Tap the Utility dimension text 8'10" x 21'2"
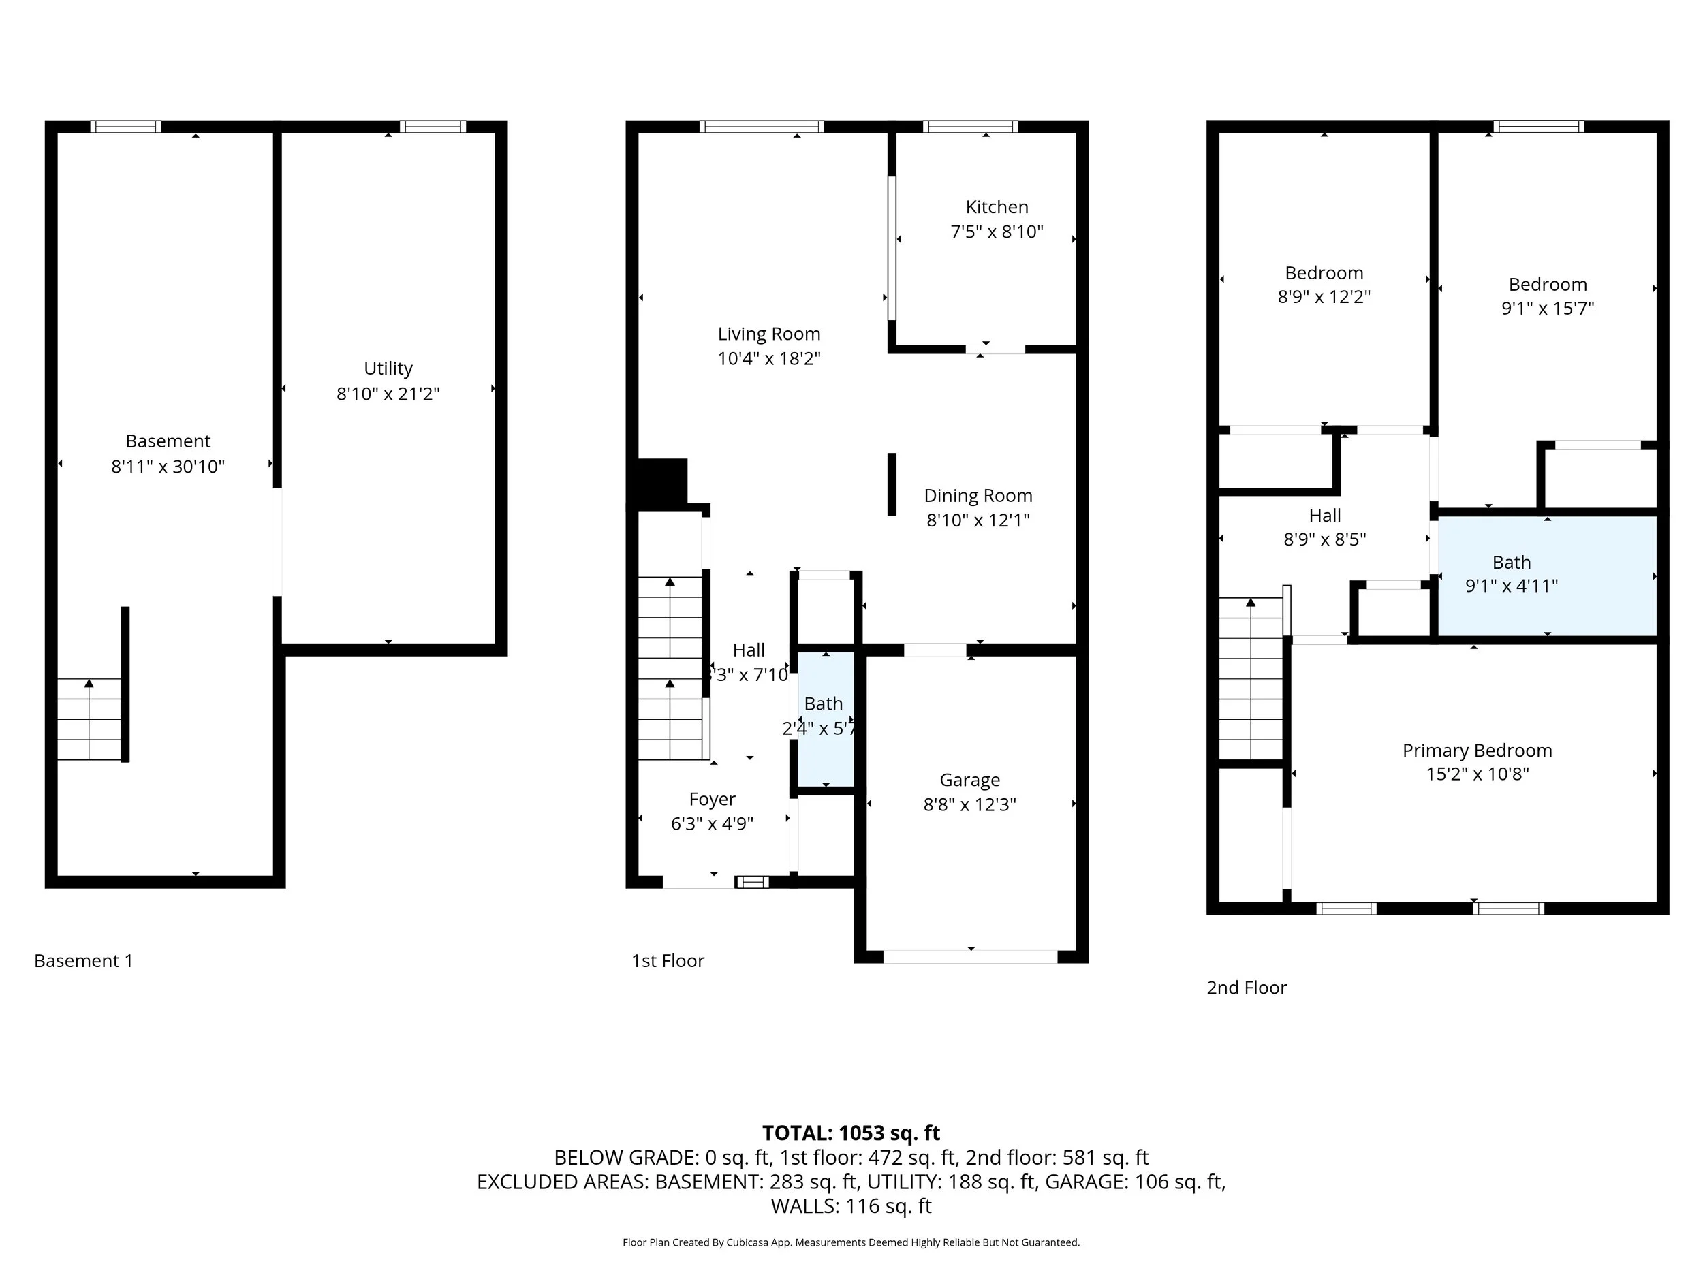click(388, 394)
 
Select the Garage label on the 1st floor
click(969, 781)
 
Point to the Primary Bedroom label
click(1477, 751)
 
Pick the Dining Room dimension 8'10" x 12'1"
click(978, 520)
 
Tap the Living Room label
click(768, 334)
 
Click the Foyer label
click(712, 799)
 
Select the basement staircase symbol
click(89, 720)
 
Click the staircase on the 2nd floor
click(1250, 679)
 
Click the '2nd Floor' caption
click(1247, 988)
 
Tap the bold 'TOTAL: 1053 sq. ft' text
click(851, 1133)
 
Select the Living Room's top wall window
click(762, 127)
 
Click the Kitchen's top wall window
click(970, 127)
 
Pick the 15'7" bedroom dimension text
click(1548, 308)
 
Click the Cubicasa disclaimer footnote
click(851, 1242)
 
